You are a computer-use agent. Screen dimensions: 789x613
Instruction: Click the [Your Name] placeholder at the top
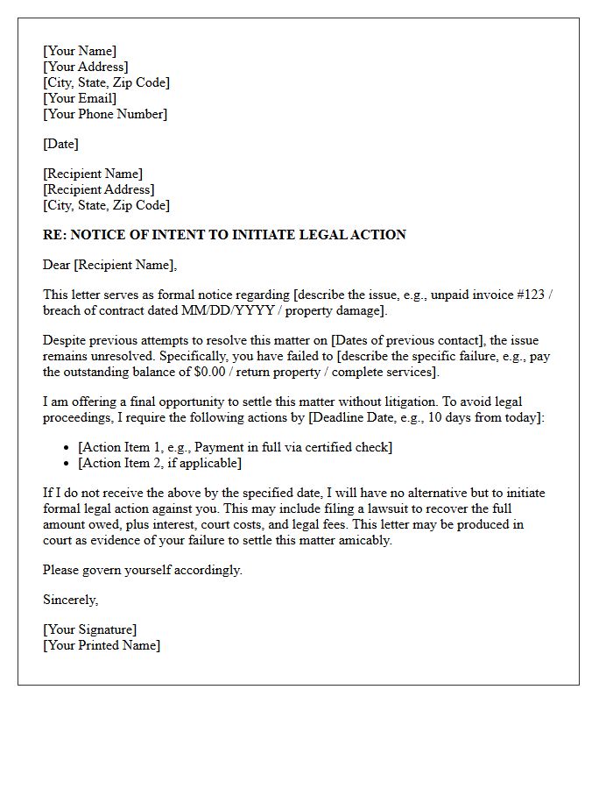[80, 51]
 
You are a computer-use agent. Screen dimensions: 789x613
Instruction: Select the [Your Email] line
[80, 98]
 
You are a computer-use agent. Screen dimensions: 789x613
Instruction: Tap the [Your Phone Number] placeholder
[105, 114]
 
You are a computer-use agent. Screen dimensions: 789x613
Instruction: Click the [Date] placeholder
[60, 144]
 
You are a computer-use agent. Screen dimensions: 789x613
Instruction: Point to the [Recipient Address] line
[98, 189]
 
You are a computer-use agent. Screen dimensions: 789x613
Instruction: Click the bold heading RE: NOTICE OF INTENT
[224, 235]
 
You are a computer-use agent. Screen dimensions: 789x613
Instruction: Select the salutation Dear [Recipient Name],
[109, 265]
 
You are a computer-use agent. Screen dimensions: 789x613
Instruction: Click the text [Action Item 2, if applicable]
[159, 463]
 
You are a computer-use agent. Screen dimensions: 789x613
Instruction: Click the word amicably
[363, 540]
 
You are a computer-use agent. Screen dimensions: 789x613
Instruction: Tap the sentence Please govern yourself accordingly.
[143, 570]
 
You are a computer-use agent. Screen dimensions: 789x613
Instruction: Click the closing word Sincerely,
[71, 600]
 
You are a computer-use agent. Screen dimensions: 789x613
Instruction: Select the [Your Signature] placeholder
[89, 629]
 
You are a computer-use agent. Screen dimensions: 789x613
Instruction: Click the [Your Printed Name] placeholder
[102, 645]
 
